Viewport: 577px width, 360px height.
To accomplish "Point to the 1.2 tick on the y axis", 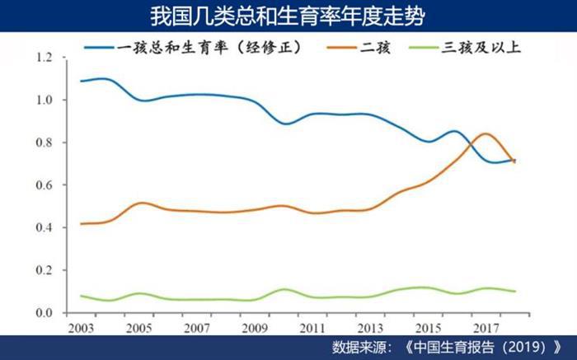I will [x=44, y=58].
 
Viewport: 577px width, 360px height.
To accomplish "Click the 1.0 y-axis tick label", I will [x=44, y=101].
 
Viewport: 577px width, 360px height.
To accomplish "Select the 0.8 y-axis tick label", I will [x=44, y=143].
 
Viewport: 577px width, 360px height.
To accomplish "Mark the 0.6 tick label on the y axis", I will [x=44, y=185].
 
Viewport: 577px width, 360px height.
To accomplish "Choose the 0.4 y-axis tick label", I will [x=44, y=228].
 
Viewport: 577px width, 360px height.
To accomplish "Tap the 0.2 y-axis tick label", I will [x=44, y=270].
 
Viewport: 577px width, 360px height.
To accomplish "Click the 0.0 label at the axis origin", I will [x=44, y=313].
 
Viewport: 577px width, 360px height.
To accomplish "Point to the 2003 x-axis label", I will [x=81, y=327].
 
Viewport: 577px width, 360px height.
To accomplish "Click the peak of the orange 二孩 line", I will [x=486, y=133].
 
